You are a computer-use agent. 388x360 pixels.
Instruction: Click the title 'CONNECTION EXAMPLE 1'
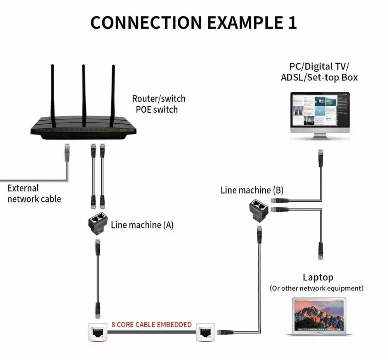pos(194,22)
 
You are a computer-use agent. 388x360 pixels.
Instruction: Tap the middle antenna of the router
pos(83,93)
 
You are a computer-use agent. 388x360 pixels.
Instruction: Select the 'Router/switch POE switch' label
pos(158,104)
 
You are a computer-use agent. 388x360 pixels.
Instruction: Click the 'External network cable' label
pos(34,194)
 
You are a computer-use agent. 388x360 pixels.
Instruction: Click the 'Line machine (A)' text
pos(142,225)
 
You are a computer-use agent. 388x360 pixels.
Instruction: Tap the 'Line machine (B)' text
pos(252,190)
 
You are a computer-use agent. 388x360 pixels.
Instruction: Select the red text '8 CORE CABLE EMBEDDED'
pos(151,324)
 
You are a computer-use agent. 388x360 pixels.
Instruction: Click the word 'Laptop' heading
pos(318,277)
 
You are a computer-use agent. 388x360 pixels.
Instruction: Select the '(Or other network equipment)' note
pos(317,288)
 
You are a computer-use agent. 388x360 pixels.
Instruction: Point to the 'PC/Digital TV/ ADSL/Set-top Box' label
pos(319,71)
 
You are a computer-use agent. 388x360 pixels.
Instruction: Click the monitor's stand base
pos(320,138)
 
